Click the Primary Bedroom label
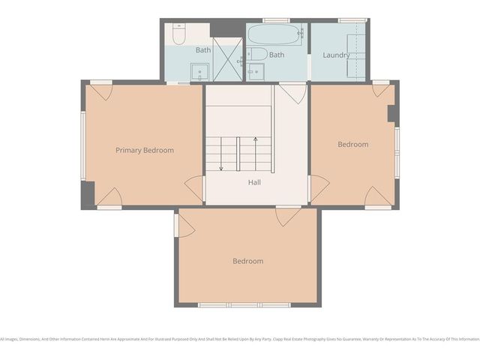click(144, 150)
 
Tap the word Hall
click(255, 182)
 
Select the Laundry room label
click(336, 55)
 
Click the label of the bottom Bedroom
click(247, 261)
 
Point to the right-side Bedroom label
click(352, 144)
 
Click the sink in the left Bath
click(199, 71)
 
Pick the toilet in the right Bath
click(257, 54)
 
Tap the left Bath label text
click(203, 50)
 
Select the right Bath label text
click(277, 55)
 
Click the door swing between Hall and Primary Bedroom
click(195, 187)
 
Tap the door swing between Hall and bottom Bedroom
click(287, 217)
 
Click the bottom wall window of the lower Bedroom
click(244, 305)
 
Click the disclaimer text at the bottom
click(240, 338)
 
